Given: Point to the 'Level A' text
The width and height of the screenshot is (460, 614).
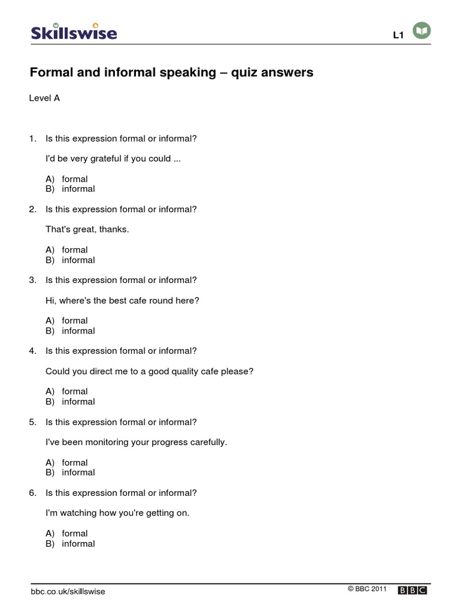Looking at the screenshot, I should click(45, 98).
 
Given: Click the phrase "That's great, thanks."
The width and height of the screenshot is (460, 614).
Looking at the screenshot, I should click(87, 230).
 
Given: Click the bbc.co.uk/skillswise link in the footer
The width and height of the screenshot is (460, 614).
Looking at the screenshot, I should click(68, 591).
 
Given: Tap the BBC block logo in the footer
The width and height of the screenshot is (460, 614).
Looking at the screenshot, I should click(412, 591).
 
